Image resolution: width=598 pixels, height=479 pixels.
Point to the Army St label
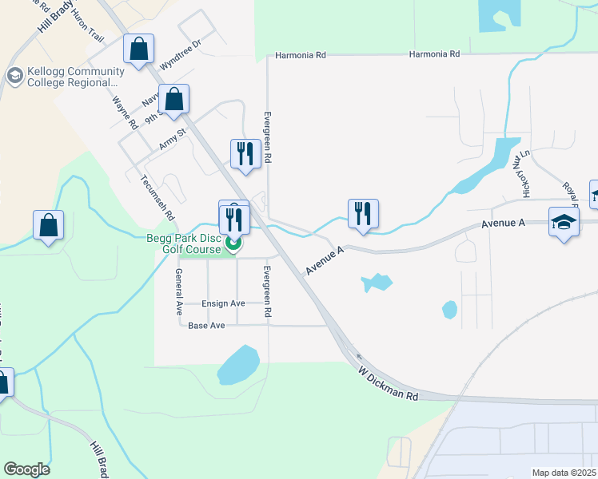click(x=172, y=141)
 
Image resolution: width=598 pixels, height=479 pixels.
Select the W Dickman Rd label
click(x=389, y=385)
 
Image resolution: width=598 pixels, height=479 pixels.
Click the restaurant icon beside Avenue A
click(x=363, y=214)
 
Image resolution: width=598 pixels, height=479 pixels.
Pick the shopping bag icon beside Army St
click(x=173, y=100)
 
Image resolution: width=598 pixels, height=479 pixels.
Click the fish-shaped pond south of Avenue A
click(x=377, y=282)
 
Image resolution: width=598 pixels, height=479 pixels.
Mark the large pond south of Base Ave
click(x=238, y=366)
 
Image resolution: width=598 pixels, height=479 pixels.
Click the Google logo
click(x=26, y=469)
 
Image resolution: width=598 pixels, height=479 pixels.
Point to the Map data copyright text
click(x=564, y=473)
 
